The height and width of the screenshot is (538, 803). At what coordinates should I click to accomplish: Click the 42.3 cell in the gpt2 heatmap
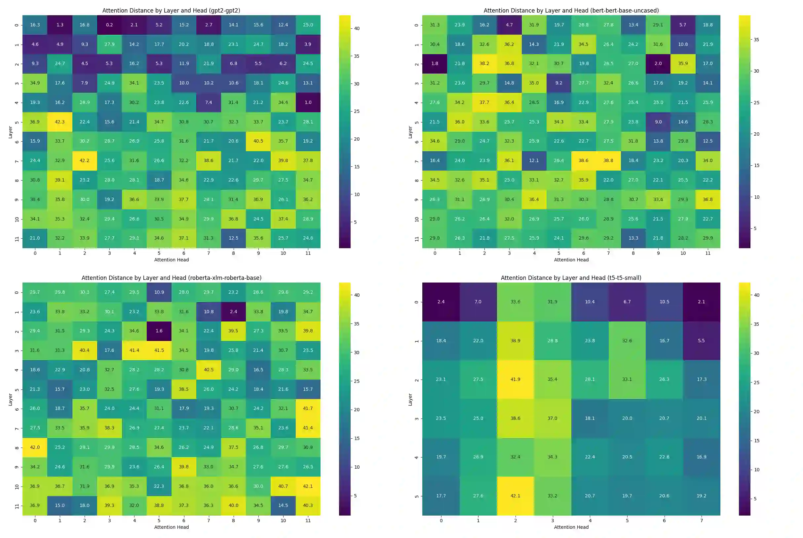[x=60, y=122]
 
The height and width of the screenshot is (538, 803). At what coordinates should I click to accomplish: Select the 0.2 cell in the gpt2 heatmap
[x=109, y=25]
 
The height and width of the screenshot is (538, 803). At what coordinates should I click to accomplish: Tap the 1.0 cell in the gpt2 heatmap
[x=308, y=102]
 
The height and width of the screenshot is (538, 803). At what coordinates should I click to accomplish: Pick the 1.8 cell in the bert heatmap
[x=435, y=63]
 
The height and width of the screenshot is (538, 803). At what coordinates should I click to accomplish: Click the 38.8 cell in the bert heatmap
[x=608, y=161]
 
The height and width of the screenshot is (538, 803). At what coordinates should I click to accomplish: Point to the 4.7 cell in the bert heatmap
[x=509, y=25]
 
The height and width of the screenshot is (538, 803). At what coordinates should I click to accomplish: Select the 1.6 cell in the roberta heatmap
[x=159, y=331]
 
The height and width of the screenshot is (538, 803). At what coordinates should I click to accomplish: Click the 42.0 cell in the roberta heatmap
[x=35, y=448]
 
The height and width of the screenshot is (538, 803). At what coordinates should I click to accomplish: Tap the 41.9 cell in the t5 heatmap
[x=515, y=380]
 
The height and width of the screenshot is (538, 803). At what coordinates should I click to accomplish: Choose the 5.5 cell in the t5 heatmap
[x=701, y=341]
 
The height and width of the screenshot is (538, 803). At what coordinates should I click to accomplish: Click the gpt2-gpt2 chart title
[x=171, y=11]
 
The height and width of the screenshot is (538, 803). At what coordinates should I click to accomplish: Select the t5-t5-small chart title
[x=571, y=278]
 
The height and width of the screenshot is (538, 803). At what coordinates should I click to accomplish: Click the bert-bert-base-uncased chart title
[x=571, y=11]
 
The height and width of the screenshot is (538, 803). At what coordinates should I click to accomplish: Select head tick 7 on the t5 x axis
[x=701, y=521]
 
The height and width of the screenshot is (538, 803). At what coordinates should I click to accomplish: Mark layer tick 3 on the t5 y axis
[x=417, y=419]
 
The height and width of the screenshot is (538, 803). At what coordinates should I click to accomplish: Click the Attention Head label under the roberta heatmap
[x=172, y=527]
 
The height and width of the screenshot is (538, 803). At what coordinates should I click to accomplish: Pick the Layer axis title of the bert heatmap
[x=410, y=132]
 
